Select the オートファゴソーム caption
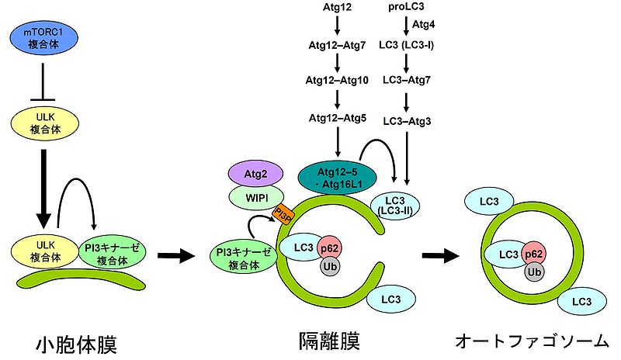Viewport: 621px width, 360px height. [530, 341]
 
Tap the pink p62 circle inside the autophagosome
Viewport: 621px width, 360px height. [533, 254]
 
